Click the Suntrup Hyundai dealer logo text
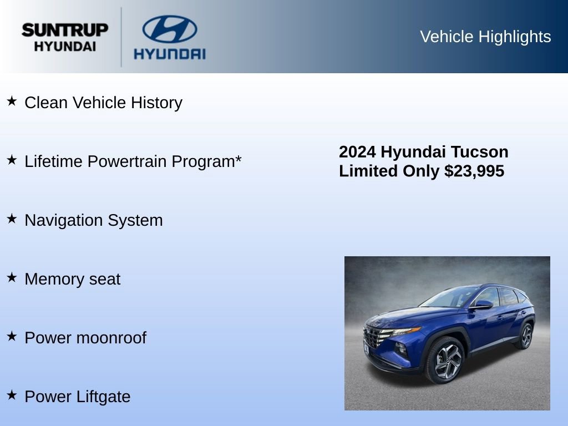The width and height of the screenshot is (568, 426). (x=65, y=37)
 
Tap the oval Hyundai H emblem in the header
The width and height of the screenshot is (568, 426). (x=169, y=29)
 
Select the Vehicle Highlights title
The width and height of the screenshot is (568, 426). (x=485, y=37)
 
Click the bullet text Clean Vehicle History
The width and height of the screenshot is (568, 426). (x=103, y=103)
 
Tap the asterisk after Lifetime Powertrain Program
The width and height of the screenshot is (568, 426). (x=239, y=160)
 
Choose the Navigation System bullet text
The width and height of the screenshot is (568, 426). (x=94, y=220)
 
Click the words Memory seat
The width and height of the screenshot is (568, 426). (x=72, y=279)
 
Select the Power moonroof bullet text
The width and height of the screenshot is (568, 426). (x=85, y=338)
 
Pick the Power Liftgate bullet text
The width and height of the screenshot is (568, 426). (x=78, y=397)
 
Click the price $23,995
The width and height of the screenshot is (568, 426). (x=474, y=171)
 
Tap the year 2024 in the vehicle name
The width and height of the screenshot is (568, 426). (x=358, y=152)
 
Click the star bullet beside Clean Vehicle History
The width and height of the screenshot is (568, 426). (x=12, y=101)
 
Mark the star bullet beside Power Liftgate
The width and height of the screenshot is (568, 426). (x=12, y=395)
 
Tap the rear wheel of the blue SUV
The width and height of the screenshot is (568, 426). (x=525, y=336)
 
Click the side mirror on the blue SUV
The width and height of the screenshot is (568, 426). (x=481, y=305)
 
